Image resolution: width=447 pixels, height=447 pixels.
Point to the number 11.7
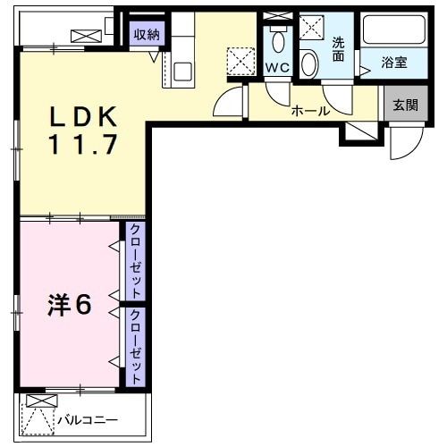coord(83,145)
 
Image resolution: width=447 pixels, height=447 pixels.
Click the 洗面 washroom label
coord(338,49)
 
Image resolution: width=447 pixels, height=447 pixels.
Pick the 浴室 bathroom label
coord(394,63)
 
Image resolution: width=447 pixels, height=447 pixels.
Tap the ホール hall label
coord(311,111)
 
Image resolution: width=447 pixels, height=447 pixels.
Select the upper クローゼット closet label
coord(135,262)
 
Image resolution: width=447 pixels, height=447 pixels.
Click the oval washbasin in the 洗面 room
coord(308,63)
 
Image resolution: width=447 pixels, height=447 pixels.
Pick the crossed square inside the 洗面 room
coord(312,28)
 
